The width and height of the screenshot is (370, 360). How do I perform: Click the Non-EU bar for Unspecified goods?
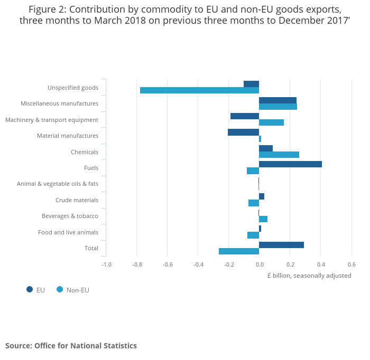coord(199,90)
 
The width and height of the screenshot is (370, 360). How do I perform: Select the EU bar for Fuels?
coord(290,164)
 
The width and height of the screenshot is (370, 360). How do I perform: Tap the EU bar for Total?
coord(281,245)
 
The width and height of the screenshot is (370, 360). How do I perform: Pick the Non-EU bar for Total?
coord(239,251)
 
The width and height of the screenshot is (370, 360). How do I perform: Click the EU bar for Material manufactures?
coord(243,132)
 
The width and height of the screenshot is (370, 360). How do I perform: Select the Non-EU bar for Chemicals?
coord(279,155)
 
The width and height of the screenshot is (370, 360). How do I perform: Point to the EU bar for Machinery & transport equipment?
coord(245,116)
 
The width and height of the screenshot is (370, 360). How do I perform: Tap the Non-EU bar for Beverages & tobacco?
coord(263,219)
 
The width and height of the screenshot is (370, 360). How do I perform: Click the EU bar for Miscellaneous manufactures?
coord(277,100)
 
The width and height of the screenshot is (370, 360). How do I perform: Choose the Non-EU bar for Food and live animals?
coord(253,235)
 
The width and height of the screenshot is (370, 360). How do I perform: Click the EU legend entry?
coord(36,290)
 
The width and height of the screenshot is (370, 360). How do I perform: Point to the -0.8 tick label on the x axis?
coord(137,264)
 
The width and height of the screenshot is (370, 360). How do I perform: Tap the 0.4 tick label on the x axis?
coord(321,264)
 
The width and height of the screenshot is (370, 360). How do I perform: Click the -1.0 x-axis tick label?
coord(106,264)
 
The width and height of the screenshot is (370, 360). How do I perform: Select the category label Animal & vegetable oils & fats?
coord(58,184)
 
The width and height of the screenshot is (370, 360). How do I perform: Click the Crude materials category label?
coord(77,200)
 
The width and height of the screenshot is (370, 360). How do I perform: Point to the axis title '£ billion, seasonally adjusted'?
coord(309,276)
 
